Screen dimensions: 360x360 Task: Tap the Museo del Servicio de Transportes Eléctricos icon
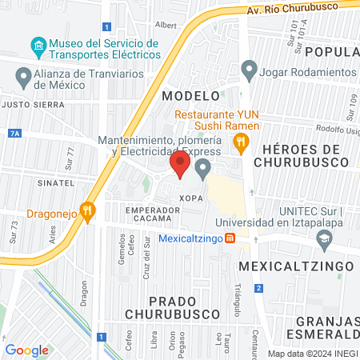pos(37,44)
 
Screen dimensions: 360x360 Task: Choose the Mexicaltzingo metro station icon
pos(230,238)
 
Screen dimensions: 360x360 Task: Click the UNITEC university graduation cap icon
pos(325,238)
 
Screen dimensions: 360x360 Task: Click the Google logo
pos(26,350)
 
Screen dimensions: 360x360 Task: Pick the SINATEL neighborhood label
pos(38,182)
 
